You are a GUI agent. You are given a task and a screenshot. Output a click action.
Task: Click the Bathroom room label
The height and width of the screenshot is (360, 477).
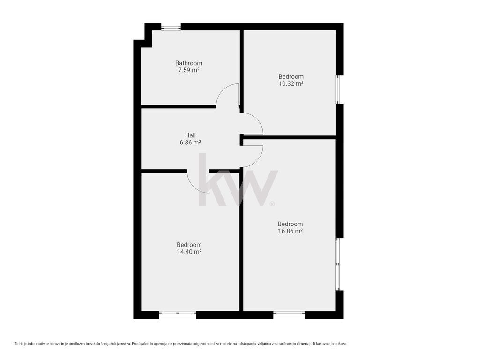click(x=189, y=63)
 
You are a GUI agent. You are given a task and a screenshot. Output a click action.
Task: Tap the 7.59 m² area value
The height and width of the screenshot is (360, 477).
click(x=189, y=70)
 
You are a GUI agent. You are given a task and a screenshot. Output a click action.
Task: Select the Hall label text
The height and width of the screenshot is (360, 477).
click(x=190, y=135)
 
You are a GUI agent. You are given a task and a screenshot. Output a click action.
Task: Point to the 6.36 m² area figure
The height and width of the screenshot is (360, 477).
click(x=190, y=142)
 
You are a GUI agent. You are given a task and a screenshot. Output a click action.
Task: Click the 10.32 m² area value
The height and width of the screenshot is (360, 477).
click(x=291, y=84)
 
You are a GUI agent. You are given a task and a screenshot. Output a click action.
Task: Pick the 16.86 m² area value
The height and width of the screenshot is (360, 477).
click(x=290, y=231)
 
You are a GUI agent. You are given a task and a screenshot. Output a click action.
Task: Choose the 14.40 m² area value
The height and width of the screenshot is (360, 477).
click(x=189, y=252)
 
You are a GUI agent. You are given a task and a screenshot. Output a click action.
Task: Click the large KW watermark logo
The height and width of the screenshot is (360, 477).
click(x=238, y=180)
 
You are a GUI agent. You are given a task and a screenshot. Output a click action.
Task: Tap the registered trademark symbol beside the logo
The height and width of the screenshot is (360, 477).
click(x=272, y=204)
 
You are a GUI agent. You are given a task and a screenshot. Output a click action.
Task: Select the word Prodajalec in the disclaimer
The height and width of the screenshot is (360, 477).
click(x=141, y=344)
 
